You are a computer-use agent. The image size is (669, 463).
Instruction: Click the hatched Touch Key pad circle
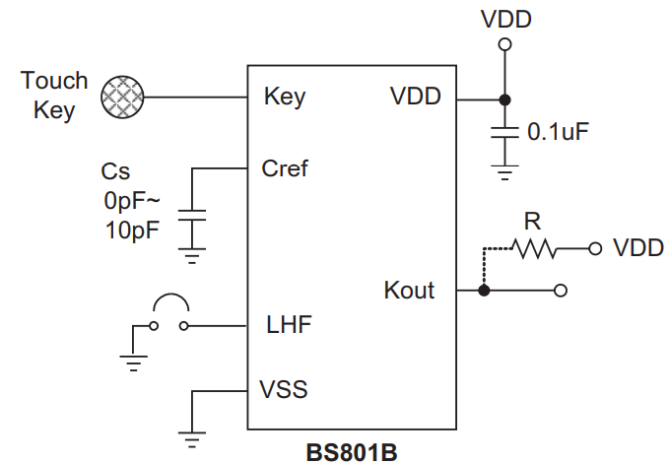(123, 97)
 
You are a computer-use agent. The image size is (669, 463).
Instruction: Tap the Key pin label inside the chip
(285, 98)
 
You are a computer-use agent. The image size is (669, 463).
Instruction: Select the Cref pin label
(285, 168)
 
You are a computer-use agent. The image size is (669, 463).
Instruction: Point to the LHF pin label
(290, 324)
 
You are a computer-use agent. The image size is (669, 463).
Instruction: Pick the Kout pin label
(409, 291)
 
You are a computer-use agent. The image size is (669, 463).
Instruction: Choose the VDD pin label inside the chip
(416, 98)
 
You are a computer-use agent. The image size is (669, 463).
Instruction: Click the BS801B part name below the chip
(351, 451)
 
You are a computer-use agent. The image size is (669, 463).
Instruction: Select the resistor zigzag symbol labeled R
(535, 248)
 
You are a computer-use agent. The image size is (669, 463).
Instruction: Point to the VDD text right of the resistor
(637, 248)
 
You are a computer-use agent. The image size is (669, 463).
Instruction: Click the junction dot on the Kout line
(484, 291)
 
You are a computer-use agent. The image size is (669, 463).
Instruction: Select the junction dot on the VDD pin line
(504, 99)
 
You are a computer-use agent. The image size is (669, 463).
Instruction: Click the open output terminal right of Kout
(561, 291)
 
